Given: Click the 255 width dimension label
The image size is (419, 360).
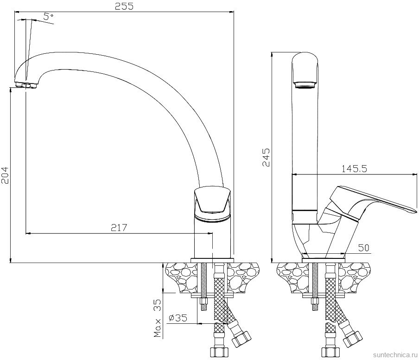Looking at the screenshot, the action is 124,6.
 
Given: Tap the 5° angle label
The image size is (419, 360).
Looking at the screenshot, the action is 48,17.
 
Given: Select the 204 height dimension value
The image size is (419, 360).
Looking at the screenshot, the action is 5,175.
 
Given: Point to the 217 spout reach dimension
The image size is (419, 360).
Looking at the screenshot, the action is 119,228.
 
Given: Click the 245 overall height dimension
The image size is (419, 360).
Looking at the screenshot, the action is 266,157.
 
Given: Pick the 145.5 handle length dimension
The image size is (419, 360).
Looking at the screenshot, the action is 354,169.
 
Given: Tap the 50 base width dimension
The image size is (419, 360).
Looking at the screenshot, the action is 364,248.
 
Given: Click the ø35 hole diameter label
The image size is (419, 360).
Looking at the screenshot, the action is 178,318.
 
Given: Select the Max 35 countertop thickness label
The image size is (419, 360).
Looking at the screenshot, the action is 158,318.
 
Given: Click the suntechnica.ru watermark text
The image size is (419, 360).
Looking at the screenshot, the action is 395,354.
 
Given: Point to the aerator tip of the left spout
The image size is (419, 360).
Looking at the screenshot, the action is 25,85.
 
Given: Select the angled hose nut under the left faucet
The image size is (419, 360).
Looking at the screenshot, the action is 241,338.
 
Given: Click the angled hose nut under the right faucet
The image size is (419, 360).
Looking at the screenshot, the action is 352,338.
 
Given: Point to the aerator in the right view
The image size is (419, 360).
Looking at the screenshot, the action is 305,85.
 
